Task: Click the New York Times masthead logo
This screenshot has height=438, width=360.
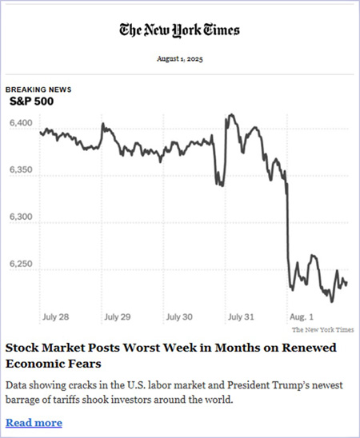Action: tap(179, 30)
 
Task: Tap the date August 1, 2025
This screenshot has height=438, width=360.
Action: tap(179, 58)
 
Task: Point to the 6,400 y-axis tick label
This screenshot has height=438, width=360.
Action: tap(20, 124)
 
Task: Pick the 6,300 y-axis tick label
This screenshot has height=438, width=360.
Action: tap(20, 217)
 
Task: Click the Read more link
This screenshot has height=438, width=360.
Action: tap(34, 422)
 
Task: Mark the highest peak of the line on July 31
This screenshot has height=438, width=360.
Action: tap(230, 115)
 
